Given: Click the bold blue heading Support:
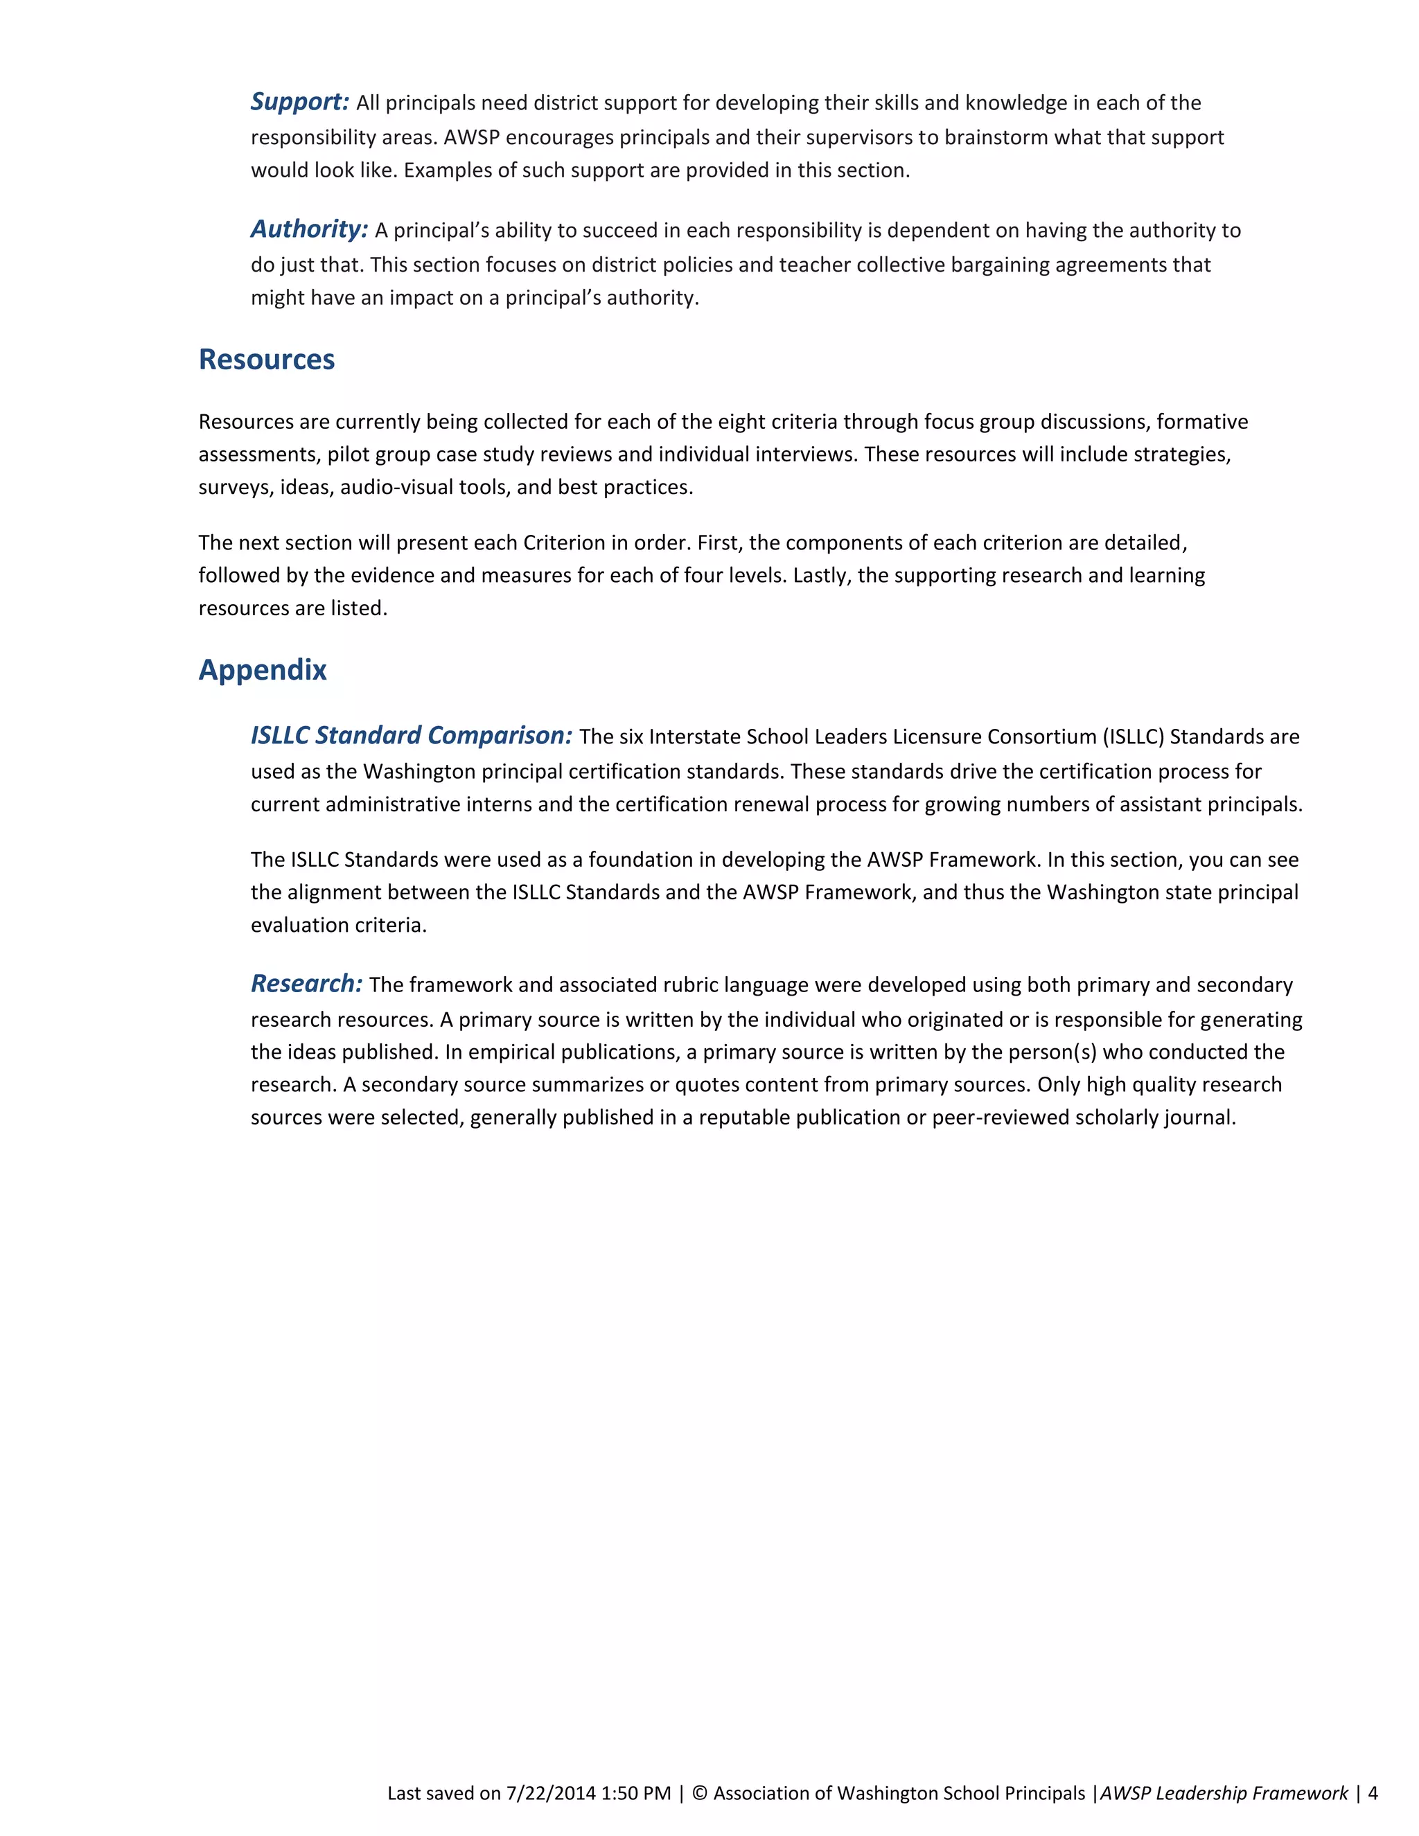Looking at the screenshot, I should click(x=299, y=102).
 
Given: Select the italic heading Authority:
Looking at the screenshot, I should click(x=308, y=229).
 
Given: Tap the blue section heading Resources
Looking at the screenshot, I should click(x=267, y=359).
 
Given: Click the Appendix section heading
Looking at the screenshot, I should click(x=263, y=669).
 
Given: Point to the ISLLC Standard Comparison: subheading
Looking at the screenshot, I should click(x=411, y=736).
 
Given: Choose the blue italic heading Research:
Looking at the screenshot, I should click(x=306, y=984).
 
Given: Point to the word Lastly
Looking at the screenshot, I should click(x=821, y=576).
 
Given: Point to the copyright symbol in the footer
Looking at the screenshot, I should click(x=699, y=1793).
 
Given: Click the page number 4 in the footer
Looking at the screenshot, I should click(x=1373, y=1793).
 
